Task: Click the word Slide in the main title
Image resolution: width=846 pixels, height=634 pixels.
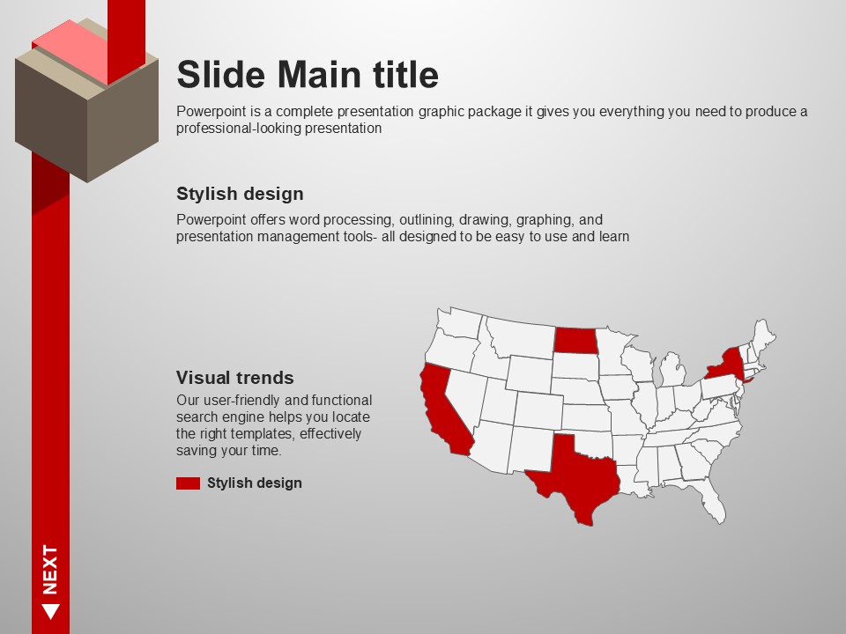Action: [x=221, y=74]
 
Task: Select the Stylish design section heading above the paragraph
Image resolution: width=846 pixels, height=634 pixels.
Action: [x=240, y=194]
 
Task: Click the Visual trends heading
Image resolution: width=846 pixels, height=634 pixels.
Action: [x=234, y=378]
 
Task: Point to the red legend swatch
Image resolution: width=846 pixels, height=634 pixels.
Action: [x=188, y=483]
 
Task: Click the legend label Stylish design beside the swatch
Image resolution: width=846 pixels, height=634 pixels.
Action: [x=254, y=483]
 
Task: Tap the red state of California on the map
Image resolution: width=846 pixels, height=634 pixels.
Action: [x=443, y=412]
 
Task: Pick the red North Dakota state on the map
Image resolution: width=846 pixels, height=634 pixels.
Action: [x=576, y=340]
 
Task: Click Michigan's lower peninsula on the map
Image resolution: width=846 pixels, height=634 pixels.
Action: [x=672, y=371]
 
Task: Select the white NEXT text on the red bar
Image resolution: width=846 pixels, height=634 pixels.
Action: [x=50, y=570]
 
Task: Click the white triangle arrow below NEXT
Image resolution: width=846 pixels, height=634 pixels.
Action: [x=51, y=612]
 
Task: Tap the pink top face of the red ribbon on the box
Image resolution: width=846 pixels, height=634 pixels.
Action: [x=70, y=52]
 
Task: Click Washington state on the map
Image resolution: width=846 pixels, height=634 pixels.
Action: [x=458, y=322]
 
